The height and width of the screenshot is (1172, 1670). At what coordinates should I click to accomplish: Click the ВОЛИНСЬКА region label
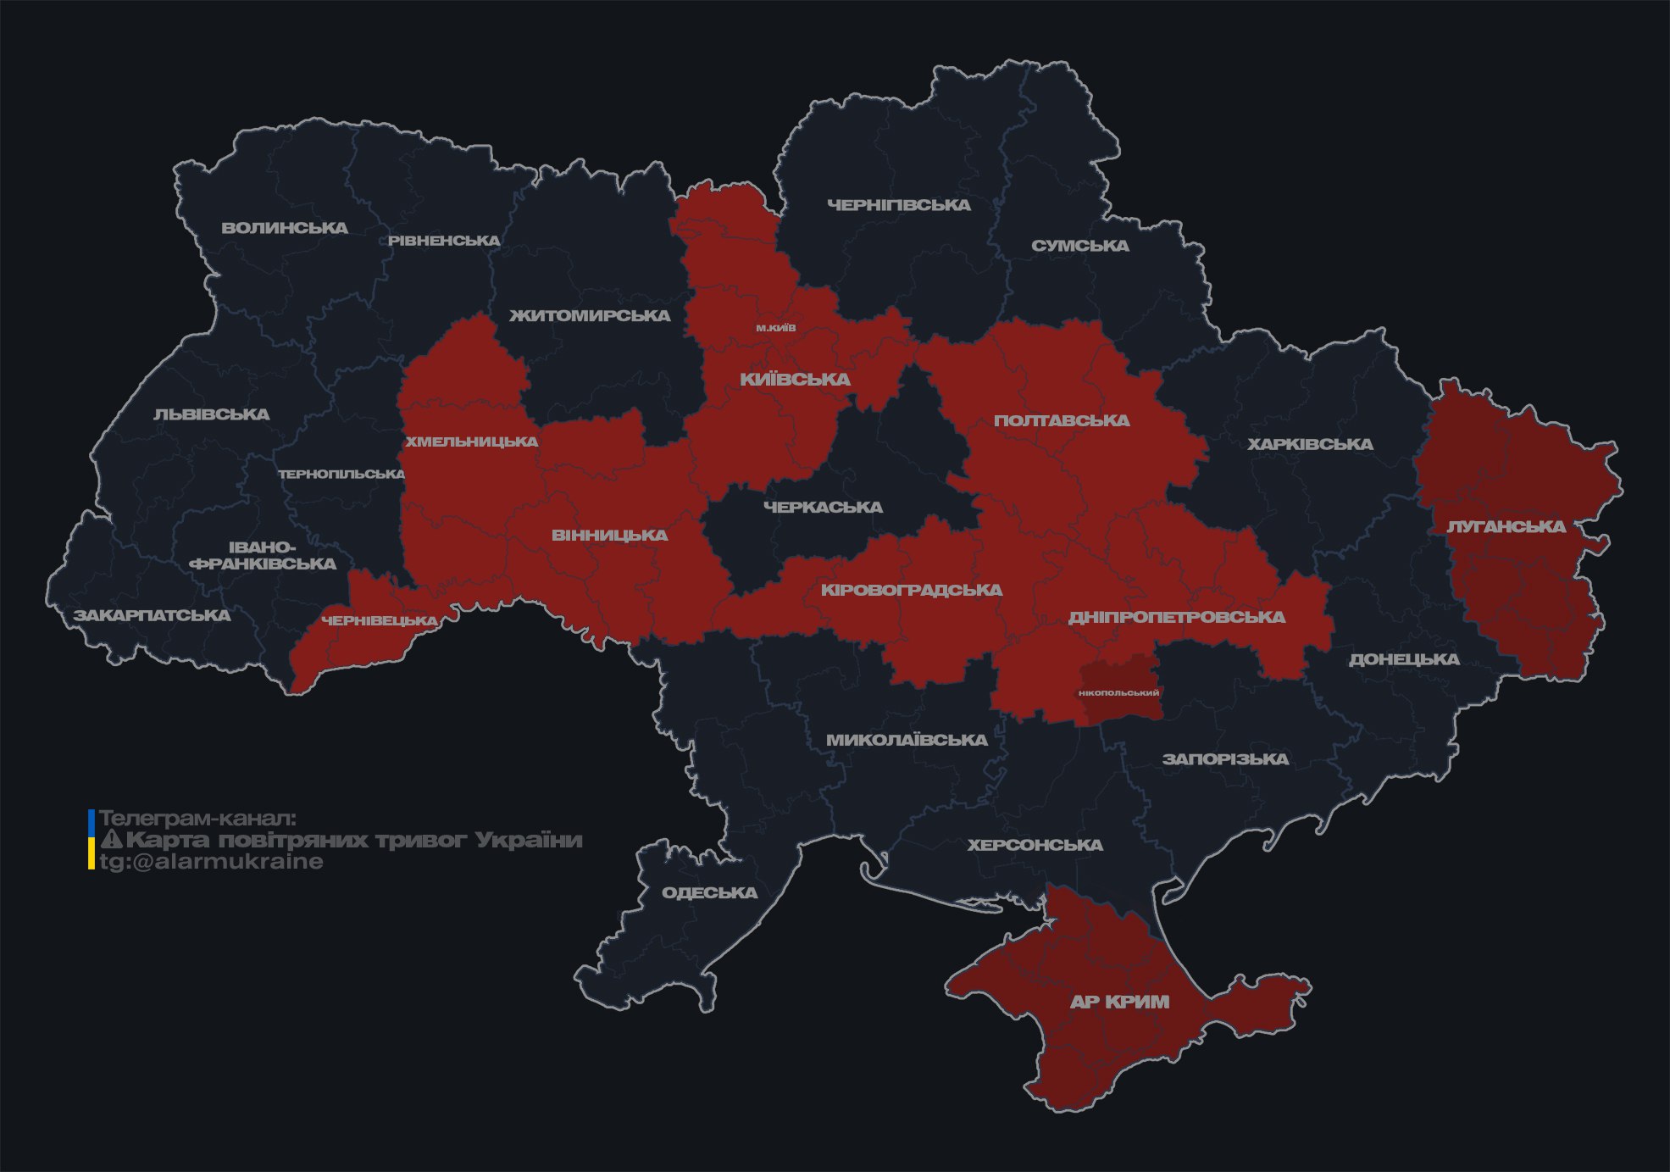[285, 227]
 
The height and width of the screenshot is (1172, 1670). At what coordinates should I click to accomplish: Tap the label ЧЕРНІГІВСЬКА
[898, 205]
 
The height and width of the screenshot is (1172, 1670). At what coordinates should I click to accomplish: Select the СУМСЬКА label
[1079, 246]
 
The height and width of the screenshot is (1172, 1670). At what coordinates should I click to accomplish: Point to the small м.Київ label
[775, 327]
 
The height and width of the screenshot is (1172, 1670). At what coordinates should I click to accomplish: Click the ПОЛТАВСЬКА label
[1061, 420]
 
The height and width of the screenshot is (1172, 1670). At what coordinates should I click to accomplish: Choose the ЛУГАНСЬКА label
[1506, 526]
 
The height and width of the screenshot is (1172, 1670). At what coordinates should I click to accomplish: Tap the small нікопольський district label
[1118, 692]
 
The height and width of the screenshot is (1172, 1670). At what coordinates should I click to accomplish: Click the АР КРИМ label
[1118, 1002]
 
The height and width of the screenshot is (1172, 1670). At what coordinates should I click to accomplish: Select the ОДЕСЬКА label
[709, 892]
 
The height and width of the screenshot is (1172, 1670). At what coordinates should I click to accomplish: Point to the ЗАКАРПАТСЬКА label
[152, 615]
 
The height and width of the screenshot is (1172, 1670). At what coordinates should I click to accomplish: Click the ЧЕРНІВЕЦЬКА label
[380, 621]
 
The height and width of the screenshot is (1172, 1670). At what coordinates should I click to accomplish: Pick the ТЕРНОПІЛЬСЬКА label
[341, 474]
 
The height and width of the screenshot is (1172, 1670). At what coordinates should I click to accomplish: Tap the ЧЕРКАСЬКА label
[823, 507]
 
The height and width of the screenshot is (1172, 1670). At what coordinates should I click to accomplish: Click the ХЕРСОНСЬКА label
[1035, 845]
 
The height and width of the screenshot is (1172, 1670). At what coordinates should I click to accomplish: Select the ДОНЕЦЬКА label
[1404, 659]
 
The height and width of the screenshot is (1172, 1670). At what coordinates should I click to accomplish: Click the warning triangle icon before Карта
[111, 840]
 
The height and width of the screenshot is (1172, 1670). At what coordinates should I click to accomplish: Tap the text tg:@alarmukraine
[211, 862]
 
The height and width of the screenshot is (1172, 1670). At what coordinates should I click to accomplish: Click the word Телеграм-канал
[197, 819]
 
